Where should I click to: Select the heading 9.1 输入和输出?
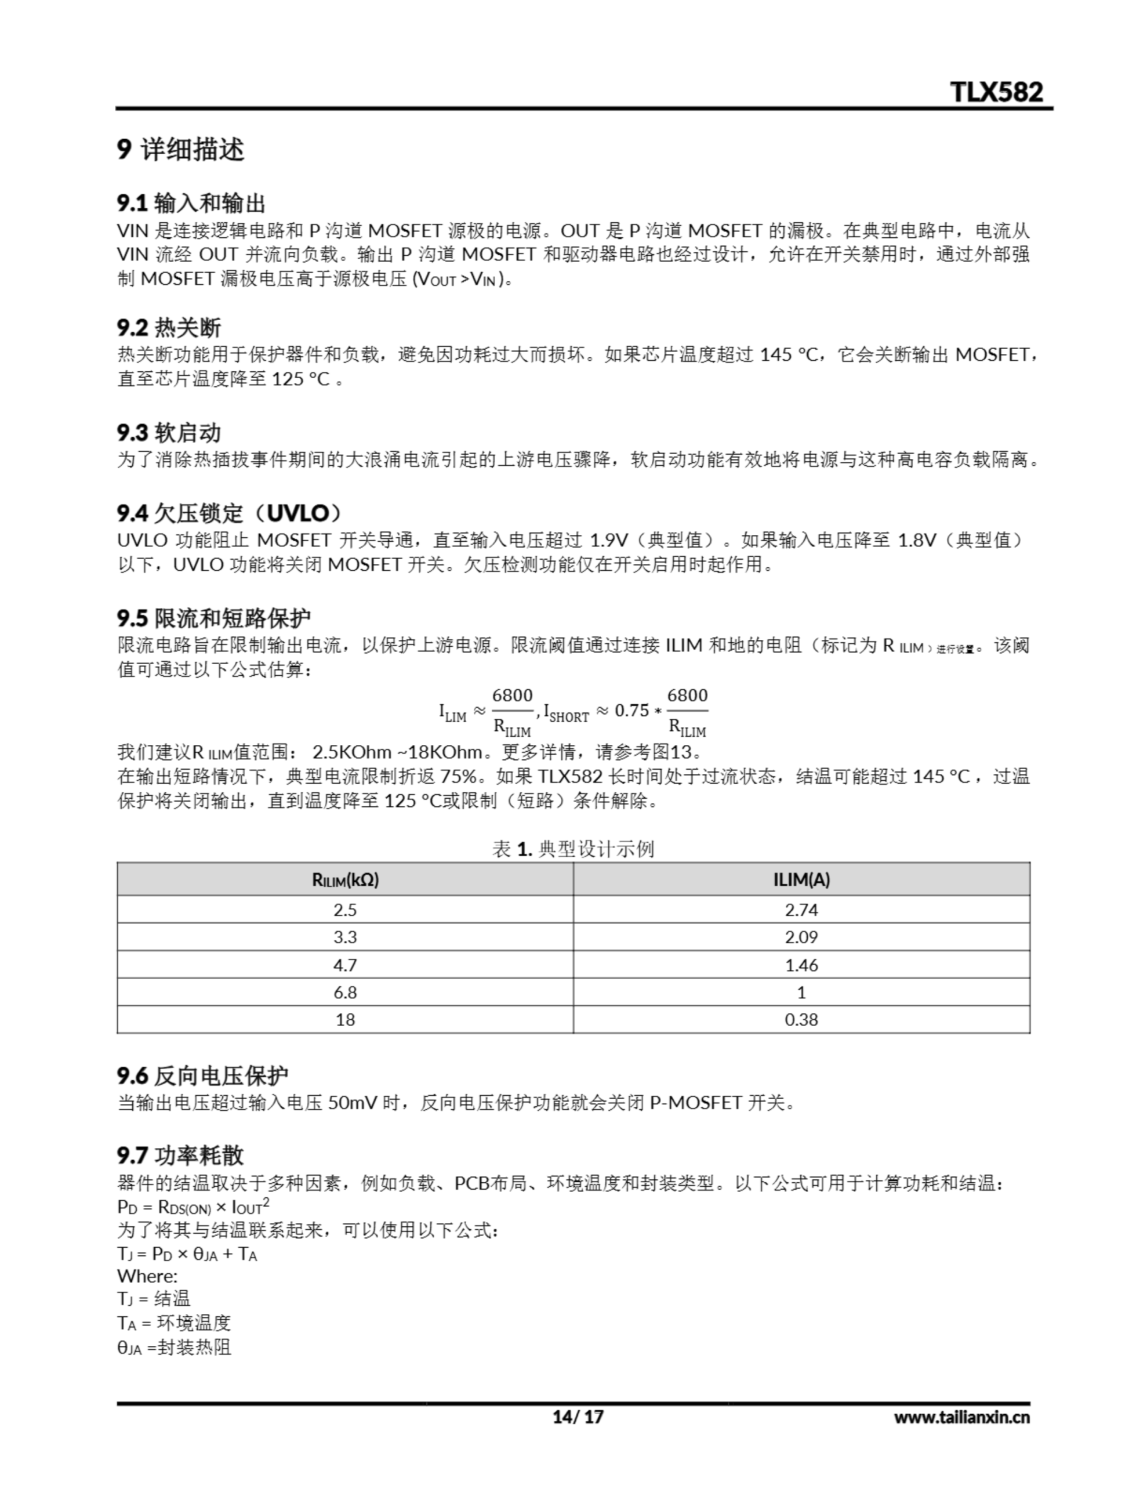(x=191, y=202)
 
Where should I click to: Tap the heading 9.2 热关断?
(x=169, y=327)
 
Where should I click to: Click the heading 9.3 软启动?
(x=169, y=432)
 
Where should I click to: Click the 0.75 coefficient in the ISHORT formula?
(x=631, y=711)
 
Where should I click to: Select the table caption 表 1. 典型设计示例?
(x=572, y=849)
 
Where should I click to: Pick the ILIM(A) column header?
(x=801, y=880)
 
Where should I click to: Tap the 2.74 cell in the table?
(x=801, y=910)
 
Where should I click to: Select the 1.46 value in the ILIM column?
(x=801, y=965)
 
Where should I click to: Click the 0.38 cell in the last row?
(x=801, y=1019)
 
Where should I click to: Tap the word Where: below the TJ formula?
(x=147, y=1276)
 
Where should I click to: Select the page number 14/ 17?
(x=577, y=1417)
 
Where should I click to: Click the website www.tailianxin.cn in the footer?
(x=961, y=1417)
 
